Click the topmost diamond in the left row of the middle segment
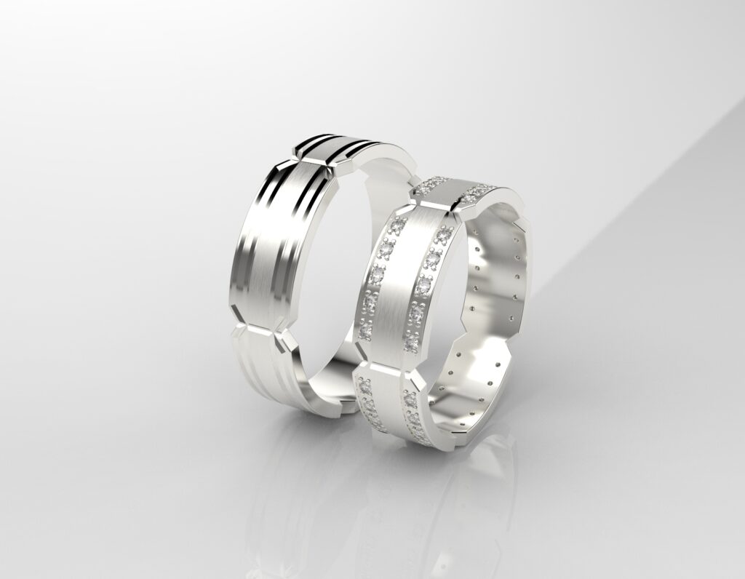[399, 224]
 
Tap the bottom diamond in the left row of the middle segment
[365, 332]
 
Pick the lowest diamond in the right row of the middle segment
[411, 339]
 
